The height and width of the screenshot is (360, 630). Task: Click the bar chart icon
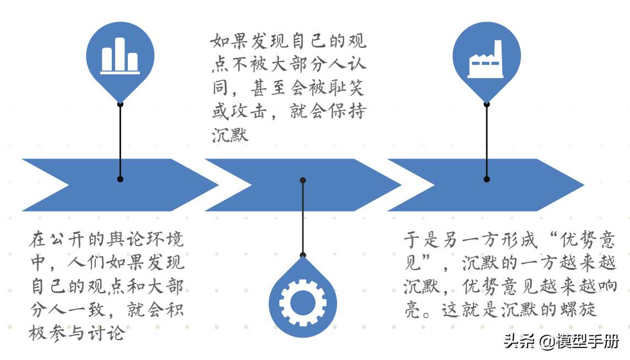(x=120, y=58)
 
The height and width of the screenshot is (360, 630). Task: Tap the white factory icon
(x=486, y=59)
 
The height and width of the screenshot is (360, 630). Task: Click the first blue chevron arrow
(x=110, y=185)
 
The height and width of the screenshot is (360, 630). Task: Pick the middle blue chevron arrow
(x=297, y=185)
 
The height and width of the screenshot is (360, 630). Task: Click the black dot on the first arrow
(x=120, y=179)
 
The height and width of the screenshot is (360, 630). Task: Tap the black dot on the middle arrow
(x=302, y=180)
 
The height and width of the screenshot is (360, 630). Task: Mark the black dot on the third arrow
(x=486, y=179)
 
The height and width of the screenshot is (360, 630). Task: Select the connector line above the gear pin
(x=302, y=220)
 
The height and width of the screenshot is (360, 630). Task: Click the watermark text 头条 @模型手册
(x=561, y=341)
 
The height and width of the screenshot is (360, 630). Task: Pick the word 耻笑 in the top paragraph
(x=347, y=88)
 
